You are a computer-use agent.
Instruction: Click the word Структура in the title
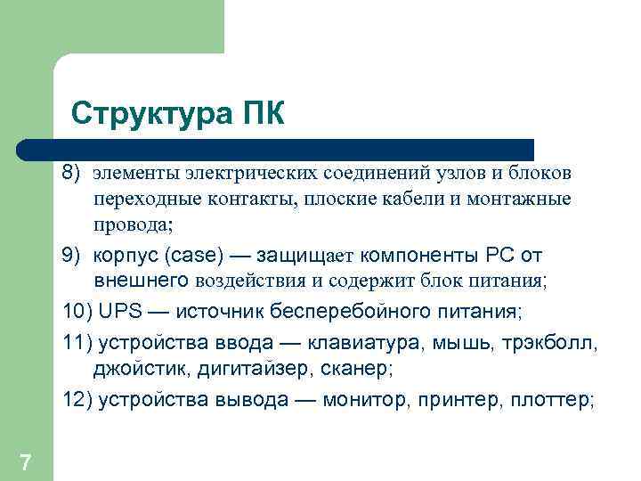click(150, 114)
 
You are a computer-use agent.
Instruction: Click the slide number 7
click(26, 461)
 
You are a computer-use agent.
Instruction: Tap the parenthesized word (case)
click(193, 256)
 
